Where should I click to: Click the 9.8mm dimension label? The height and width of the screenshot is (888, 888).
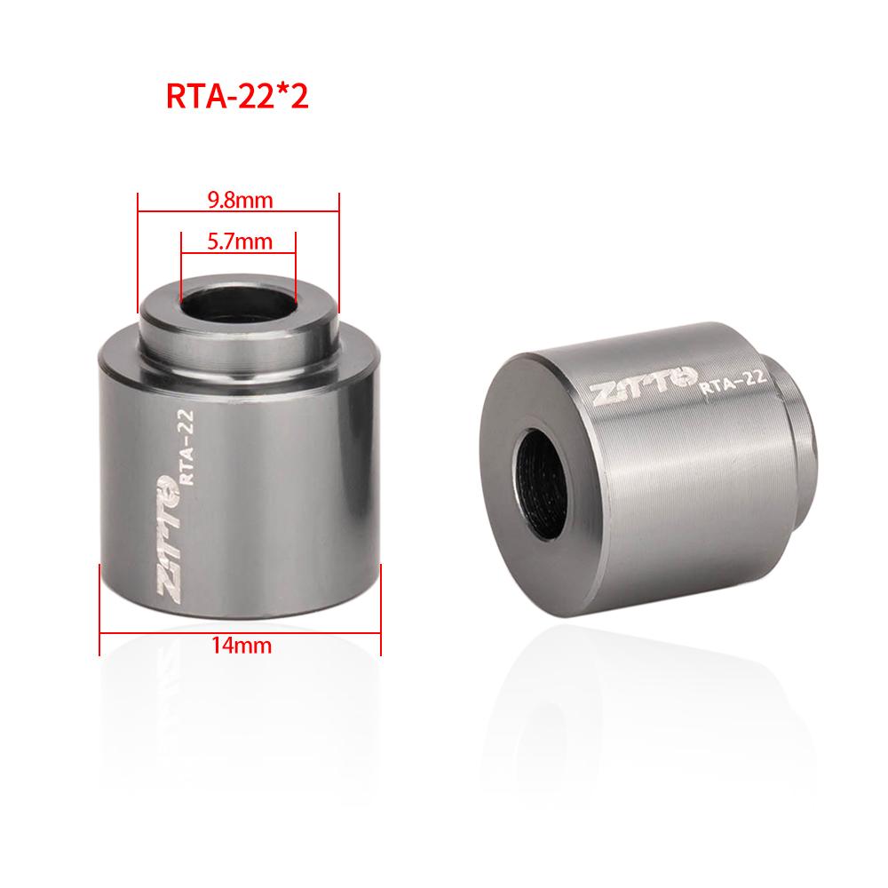click(239, 200)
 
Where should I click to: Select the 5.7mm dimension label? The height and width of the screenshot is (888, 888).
click(239, 241)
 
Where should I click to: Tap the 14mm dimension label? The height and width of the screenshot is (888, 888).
click(241, 646)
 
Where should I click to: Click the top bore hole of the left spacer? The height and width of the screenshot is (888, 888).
click(237, 303)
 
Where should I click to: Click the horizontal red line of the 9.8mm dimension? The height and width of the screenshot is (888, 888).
click(239, 211)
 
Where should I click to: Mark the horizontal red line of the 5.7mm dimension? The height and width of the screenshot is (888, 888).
click(238, 253)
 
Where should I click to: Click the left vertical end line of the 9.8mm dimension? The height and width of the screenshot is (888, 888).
click(139, 249)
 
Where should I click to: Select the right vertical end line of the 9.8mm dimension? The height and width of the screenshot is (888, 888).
click(339, 249)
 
